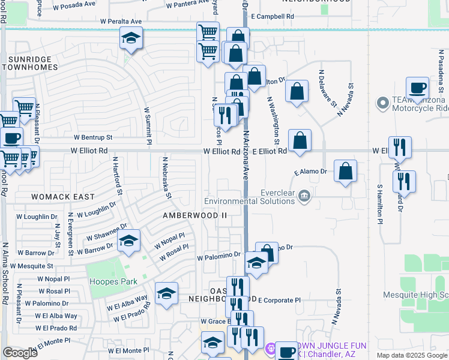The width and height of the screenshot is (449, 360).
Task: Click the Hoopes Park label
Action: coord(113,281)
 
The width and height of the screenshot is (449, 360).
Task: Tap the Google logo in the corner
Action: coord(20,353)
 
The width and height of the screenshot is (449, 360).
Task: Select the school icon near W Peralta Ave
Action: coord(130,40)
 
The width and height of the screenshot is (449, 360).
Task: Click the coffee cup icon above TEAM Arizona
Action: coord(417,88)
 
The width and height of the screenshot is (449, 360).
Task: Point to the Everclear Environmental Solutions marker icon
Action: coord(305,194)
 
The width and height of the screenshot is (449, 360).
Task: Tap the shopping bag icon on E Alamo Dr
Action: coord(345,171)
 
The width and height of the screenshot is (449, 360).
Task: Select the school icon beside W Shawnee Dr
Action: coord(128,241)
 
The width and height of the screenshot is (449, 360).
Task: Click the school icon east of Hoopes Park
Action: coord(166,293)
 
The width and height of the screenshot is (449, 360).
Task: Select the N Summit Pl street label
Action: coord(146,126)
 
